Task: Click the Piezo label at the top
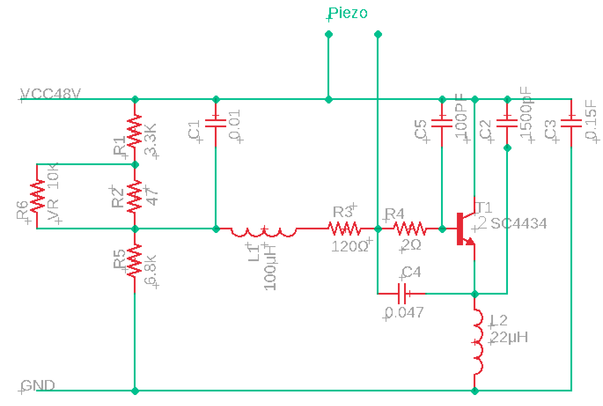[x=348, y=13]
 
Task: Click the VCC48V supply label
[x=51, y=94]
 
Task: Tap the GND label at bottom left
[x=38, y=386]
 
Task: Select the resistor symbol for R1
[x=135, y=131]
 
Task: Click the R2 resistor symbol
[x=135, y=196]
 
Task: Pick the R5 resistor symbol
[x=135, y=261]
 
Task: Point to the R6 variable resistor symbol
[x=37, y=196]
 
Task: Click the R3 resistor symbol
[x=344, y=229]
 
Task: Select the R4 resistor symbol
[x=409, y=229]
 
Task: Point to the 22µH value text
[x=509, y=337]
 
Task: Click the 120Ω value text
[x=350, y=246]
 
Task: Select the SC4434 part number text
[x=518, y=223]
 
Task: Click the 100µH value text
[x=270, y=269]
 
